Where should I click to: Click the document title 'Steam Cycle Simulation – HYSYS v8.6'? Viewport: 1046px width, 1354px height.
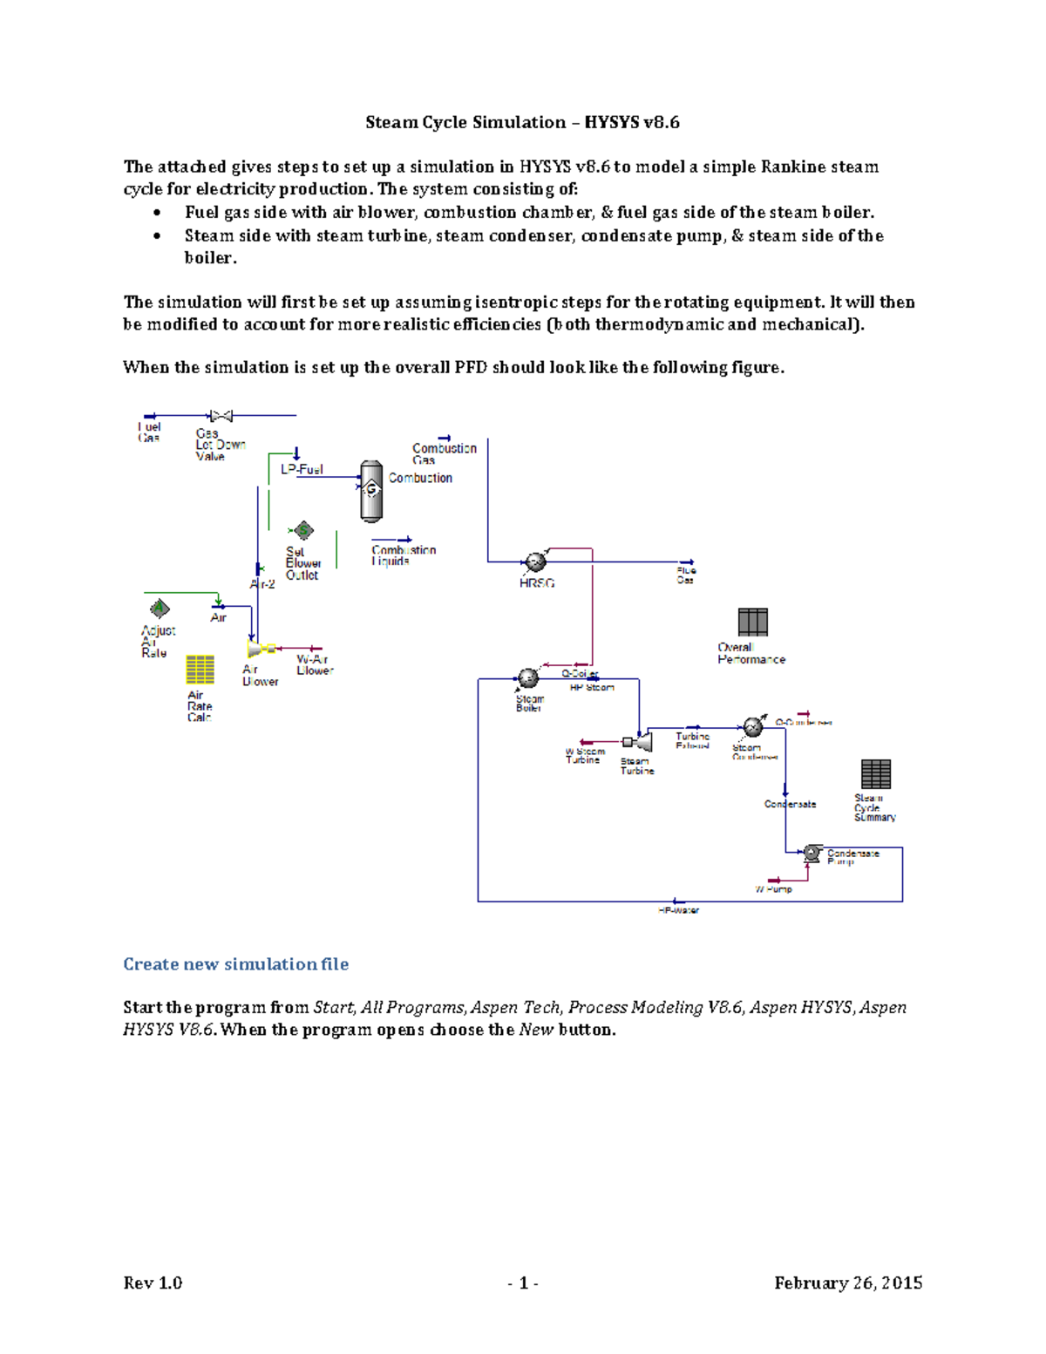pyautogui.click(x=522, y=123)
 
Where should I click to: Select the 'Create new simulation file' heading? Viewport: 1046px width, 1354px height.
pyautogui.click(x=235, y=964)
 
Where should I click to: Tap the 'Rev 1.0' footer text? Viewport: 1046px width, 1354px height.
pyautogui.click(x=153, y=1283)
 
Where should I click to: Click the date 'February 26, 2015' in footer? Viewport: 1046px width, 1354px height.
pyautogui.click(x=847, y=1283)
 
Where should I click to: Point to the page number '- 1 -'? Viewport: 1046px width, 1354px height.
pyautogui.click(x=522, y=1283)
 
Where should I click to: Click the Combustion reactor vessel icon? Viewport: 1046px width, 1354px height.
pyautogui.click(x=371, y=491)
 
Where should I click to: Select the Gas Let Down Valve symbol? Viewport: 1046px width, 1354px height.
pyautogui.click(x=221, y=416)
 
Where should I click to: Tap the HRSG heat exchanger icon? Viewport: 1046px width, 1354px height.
pyautogui.click(x=534, y=562)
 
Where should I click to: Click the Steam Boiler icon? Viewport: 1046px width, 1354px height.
pyautogui.click(x=527, y=678)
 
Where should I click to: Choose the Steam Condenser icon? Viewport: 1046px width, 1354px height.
pyautogui.click(x=752, y=727)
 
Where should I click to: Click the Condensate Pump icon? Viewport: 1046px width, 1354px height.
pyautogui.click(x=812, y=854)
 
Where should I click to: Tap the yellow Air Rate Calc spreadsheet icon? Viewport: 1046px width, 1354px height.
pyautogui.click(x=200, y=670)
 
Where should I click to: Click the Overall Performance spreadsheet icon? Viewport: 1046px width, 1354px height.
pyautogui.click(x=752, y=623)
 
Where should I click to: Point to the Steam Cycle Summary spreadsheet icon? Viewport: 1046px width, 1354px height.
pyautogui.click(x=875, y=773)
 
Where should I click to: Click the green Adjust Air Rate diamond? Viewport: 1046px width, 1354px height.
pyautogui.click(x=160, y=608)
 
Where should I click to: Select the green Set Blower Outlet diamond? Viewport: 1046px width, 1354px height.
pyautogui.click(x=302, y=530)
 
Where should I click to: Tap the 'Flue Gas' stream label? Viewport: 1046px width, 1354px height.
pyautogui.click(x=686, y=575)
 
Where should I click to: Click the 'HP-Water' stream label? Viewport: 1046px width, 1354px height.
pyautogui.click(x=678, y=910)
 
